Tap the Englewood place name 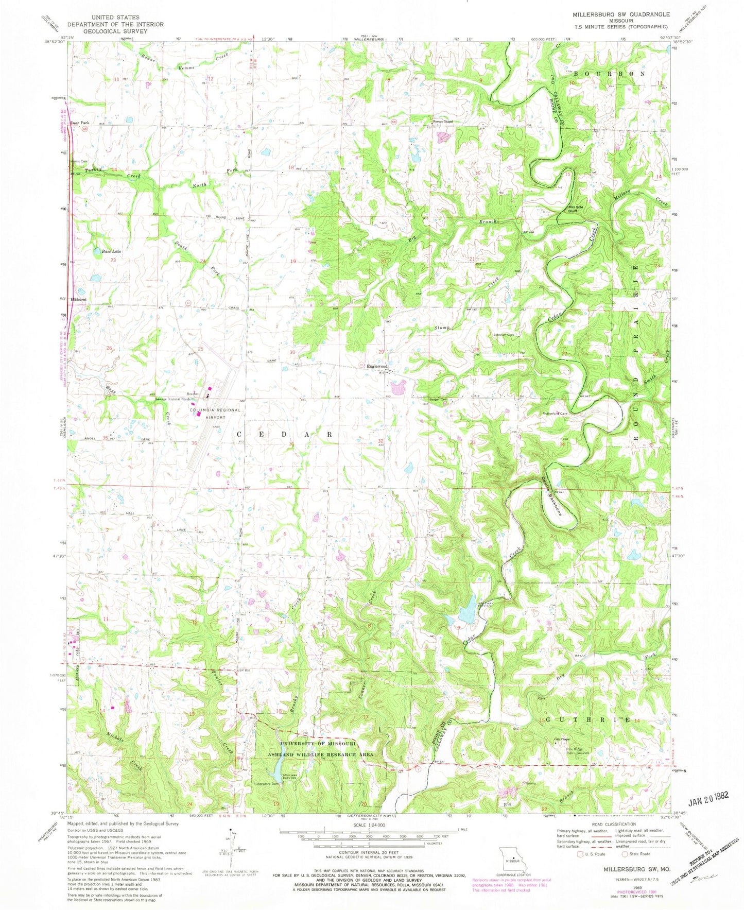pos(377,366)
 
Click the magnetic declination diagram pos(233,852)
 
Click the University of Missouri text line pos(318,744)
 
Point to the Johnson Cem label pos(504,335)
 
